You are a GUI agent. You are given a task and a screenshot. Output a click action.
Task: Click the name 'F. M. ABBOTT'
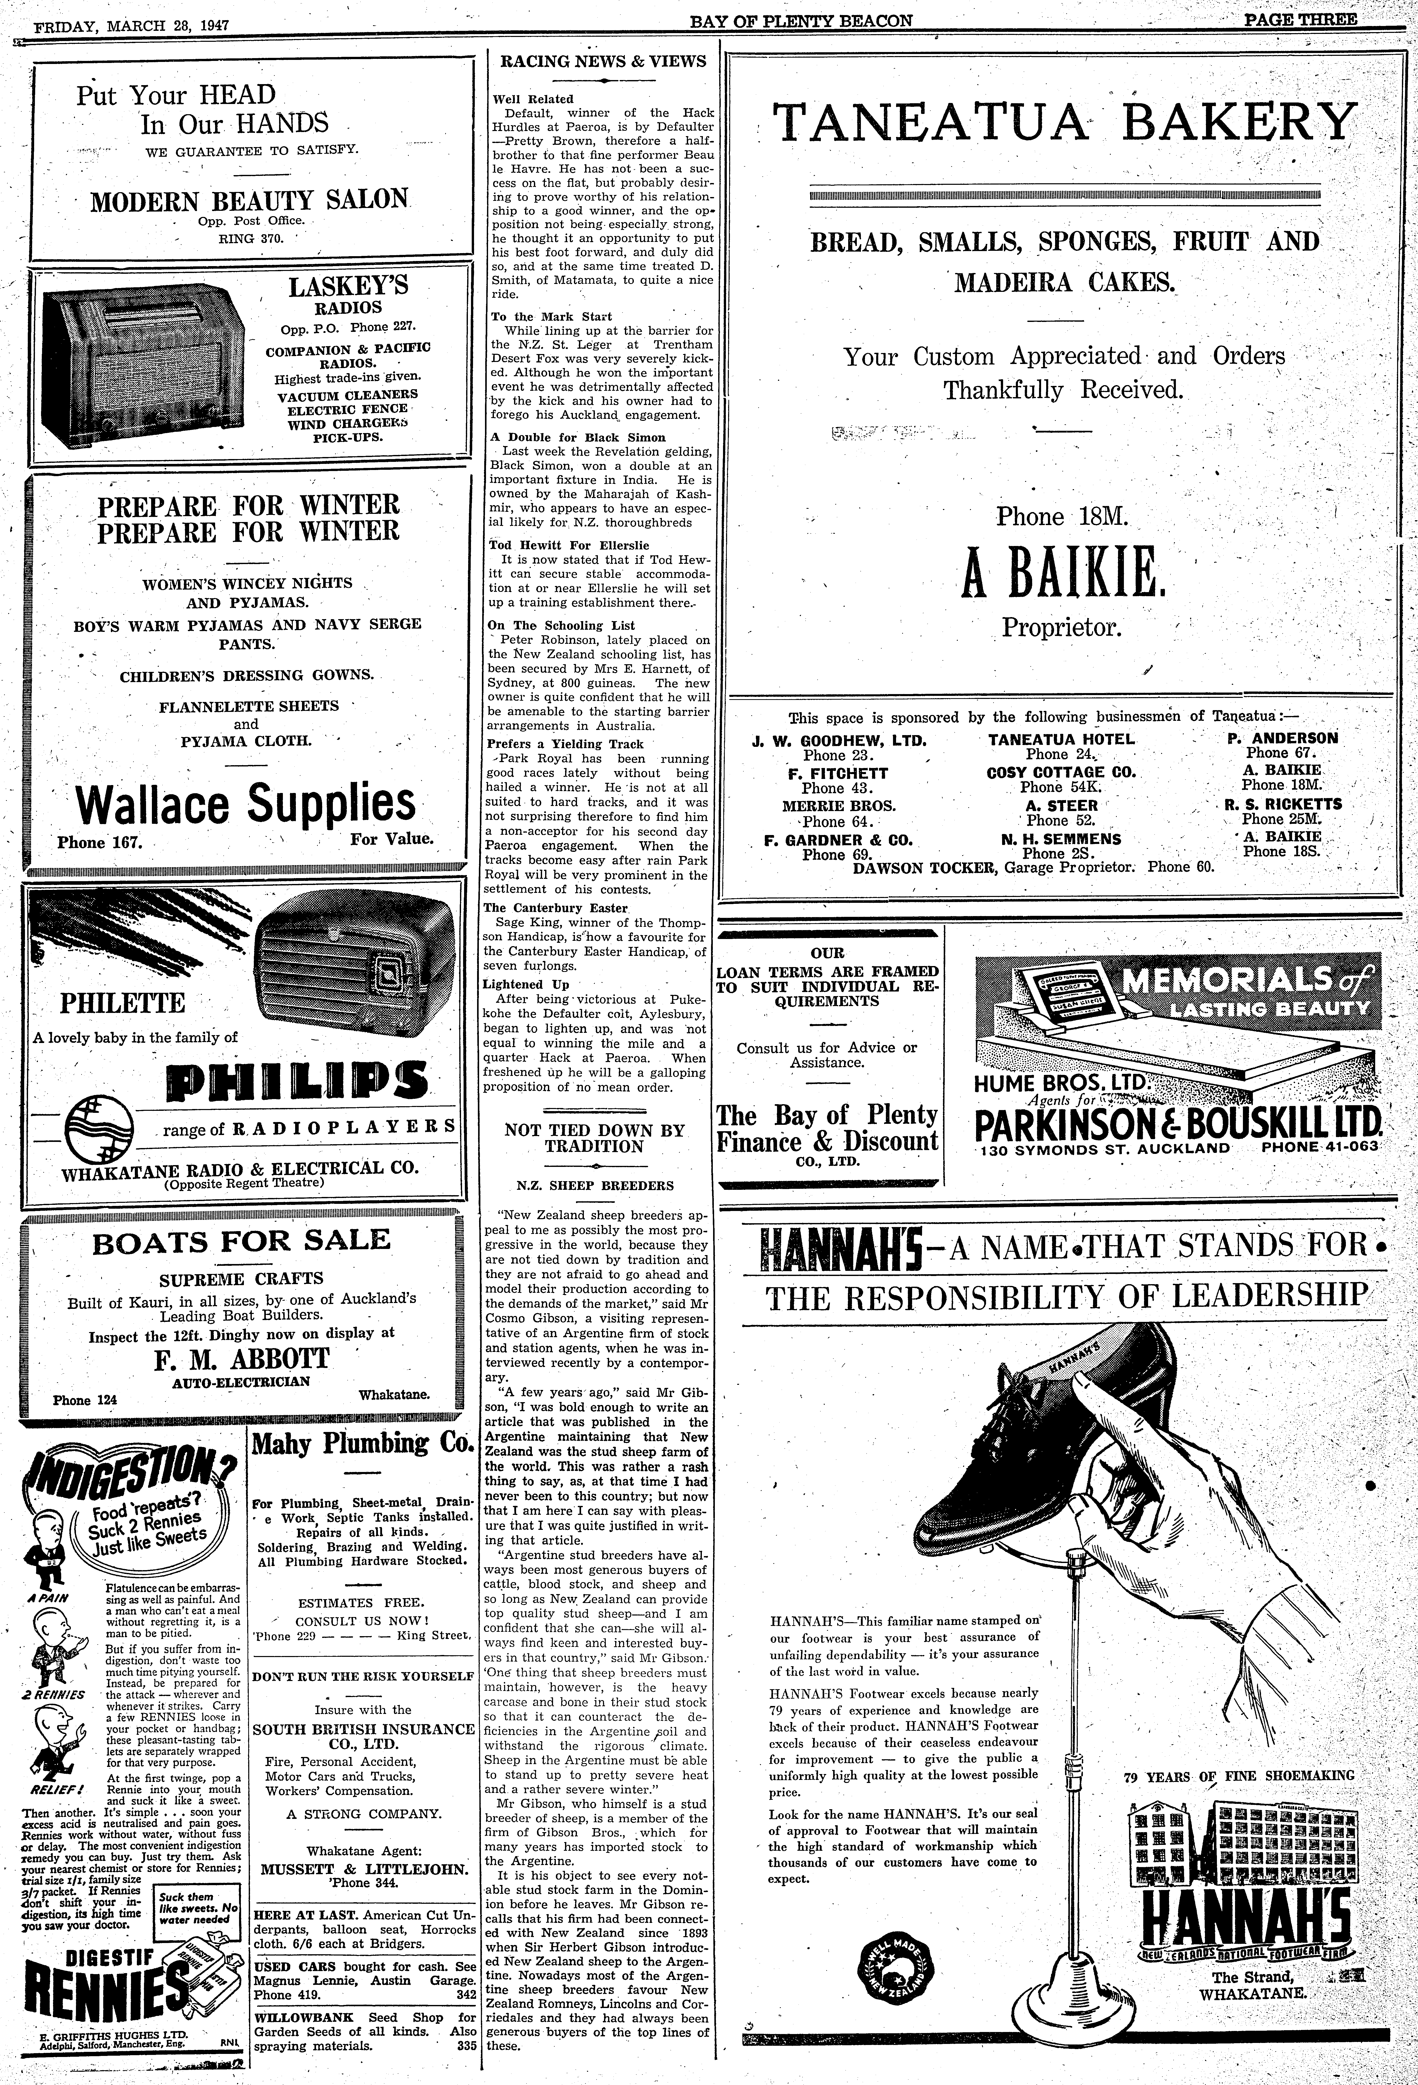pos(242,1357)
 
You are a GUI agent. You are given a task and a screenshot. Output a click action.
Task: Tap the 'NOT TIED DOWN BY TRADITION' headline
pos(594,1139)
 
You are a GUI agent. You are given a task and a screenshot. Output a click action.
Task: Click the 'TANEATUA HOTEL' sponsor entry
pos(1061,739)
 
